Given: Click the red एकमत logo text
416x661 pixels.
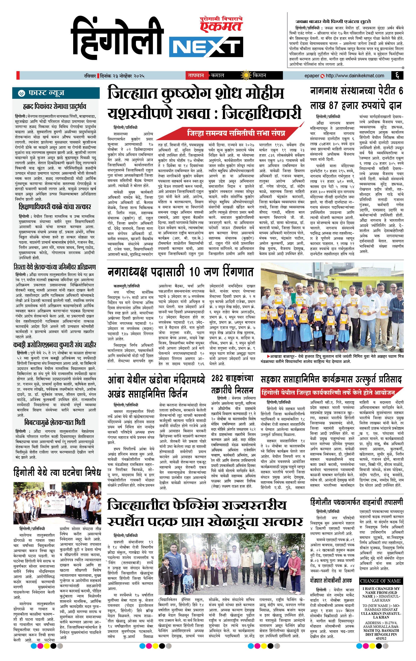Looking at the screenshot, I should point(221,26).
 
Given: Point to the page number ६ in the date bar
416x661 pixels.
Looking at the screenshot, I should point(397,75).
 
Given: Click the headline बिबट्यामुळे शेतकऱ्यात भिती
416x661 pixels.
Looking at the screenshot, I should point(55,422).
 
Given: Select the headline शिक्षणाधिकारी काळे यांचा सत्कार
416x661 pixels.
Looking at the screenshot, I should point(55,206).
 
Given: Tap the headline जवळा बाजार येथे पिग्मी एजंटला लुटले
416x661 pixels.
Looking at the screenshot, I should point(333,21).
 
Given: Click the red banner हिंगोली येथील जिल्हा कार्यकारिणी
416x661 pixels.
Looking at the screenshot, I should point(328,393).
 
